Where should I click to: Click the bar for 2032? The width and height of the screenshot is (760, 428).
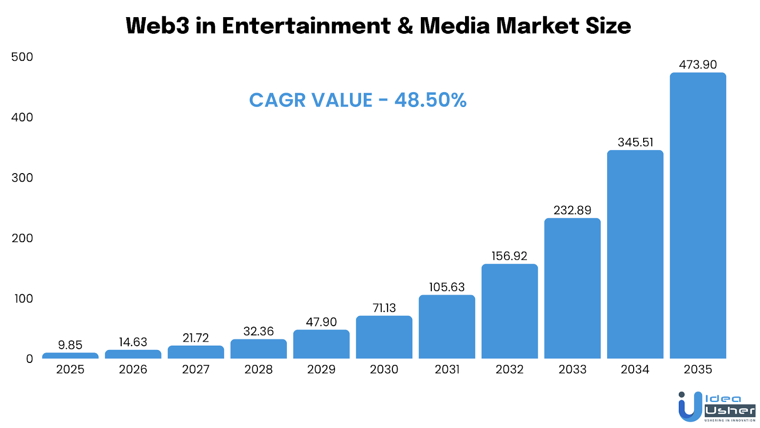pos(509,311)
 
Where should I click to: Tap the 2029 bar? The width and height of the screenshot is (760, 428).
pos(321,344)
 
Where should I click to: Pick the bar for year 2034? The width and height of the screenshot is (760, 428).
pos(635,254)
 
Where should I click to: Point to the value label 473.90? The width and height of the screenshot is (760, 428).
pos(698,65)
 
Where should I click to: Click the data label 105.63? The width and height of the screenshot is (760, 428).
pos(446,287)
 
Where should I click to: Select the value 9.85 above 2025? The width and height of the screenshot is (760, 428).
pos(70,345)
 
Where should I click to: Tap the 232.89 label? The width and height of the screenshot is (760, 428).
pos(572,210)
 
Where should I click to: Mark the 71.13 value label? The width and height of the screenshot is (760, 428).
pos(384,308)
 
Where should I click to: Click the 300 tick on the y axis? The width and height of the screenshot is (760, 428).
pos(22,178)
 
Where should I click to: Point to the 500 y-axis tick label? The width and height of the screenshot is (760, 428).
pos(22,57)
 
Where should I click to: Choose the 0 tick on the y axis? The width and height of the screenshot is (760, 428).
pos(29,359)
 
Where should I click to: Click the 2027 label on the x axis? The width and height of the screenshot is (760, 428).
pos(196,370)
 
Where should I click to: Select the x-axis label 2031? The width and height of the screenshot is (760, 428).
pos(446,370)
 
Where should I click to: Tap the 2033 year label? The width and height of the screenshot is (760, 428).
pos(572,370)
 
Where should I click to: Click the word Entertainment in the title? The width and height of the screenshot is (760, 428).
pos(306,26)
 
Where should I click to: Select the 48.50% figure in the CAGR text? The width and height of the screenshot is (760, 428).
pos(430,100)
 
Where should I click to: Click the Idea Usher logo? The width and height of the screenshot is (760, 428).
pos(716,407)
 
